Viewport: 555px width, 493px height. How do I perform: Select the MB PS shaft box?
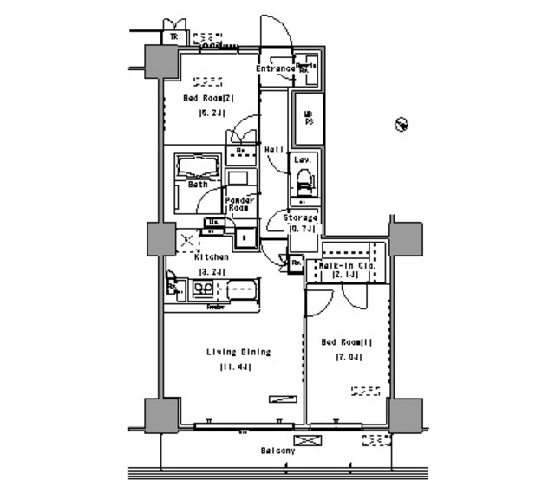(x=307, y=117)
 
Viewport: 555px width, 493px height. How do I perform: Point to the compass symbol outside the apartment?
(x=402, y=126)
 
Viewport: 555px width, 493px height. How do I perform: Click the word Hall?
(x=273, y=149)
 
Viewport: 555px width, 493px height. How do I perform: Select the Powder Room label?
(x=239, y=204)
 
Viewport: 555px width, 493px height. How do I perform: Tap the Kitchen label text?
(x=211, y=257)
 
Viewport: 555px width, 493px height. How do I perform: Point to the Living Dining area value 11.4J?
(x=238, y=367)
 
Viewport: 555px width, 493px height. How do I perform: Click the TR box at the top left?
(x=173, y=37)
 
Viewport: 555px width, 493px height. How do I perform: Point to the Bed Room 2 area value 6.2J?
(x=209, y=113)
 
